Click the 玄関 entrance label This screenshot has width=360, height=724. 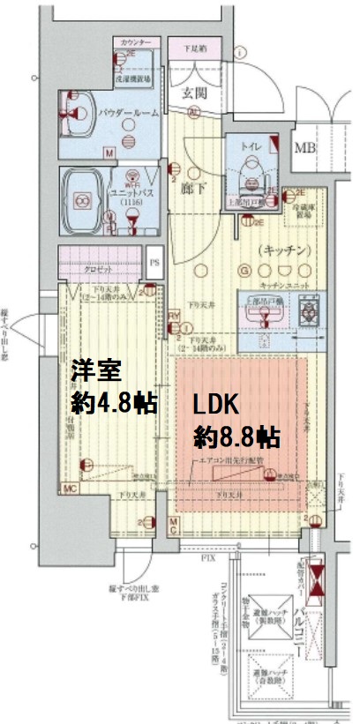pos(194,93)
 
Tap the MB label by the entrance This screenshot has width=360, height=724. pos(305,146)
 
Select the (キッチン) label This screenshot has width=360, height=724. pos(284,250)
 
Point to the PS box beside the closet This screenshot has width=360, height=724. pos(154,262)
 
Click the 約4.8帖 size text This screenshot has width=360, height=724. pos(113,403)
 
